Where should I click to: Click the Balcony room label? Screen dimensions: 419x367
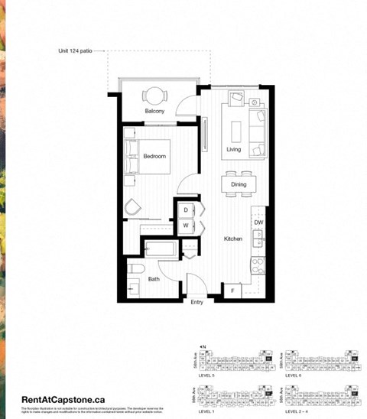click(x=155, y=112)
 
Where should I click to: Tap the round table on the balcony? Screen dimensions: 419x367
click(x=155, y=96)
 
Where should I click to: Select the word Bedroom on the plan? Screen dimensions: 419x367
click(x=154, y=156)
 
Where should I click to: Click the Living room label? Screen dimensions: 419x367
click(x=234, y=149)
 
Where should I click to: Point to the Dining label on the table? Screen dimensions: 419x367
click(x=239, y=184)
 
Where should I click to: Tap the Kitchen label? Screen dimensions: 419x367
click(x=233, y=239)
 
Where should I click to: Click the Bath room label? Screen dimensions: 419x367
click(x=154, y=280)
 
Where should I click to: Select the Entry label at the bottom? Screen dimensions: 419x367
click(x=198, y=302)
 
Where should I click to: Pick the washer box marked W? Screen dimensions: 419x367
click(x=186, y=226)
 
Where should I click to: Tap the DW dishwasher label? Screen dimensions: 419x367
click(x=258, y=222)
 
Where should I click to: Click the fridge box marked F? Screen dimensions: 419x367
click(x=232, y=291)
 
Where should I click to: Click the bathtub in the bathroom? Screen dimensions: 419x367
click(x=161, y=249)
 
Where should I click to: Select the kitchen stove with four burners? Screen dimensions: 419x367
click(x=258, y=265)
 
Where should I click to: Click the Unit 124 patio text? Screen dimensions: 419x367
click(x=80, y=52)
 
